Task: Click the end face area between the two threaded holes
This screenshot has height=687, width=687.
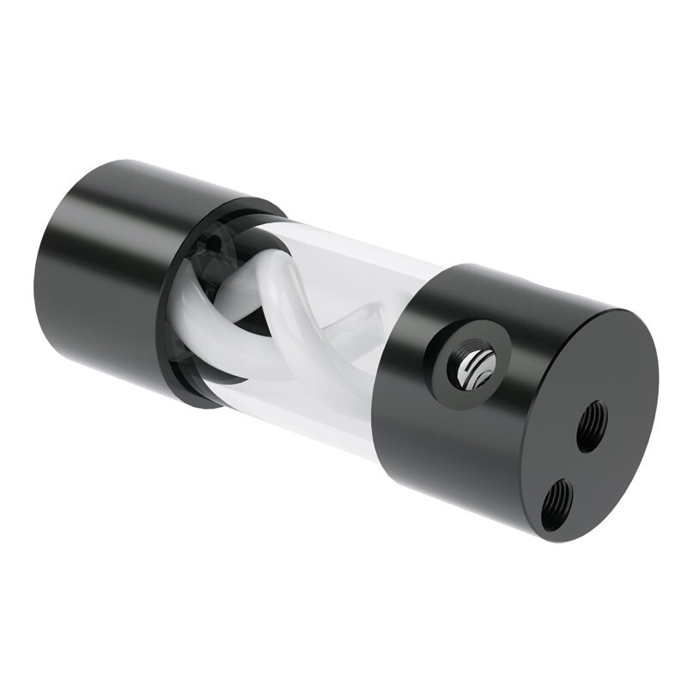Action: tap(574, 464)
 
